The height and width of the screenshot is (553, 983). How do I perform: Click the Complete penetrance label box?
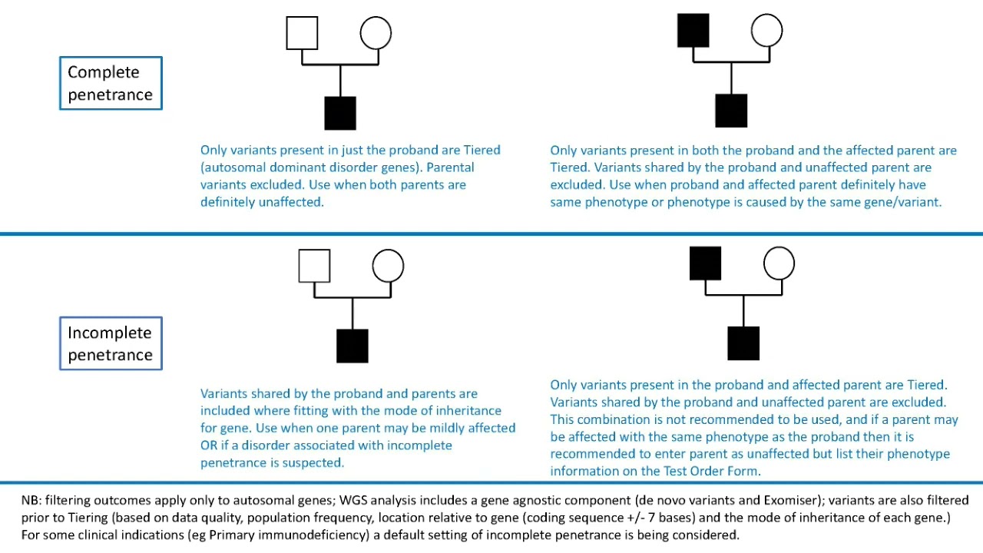pos(111,83)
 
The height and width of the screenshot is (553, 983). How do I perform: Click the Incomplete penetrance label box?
pos(111,343)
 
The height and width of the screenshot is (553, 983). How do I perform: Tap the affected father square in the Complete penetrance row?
pos(693,31)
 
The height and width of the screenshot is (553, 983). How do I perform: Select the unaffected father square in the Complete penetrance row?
pos(302,33)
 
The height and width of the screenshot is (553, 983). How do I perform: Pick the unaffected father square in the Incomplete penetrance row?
pos(314,266)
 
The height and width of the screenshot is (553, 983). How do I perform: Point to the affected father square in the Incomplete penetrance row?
pos(705,263)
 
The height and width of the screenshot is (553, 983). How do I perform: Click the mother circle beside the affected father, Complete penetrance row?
pos(766,31)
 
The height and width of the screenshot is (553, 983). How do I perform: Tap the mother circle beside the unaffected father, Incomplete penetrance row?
pos(388,266)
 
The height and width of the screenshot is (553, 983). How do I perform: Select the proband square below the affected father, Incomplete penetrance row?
pos(743,343)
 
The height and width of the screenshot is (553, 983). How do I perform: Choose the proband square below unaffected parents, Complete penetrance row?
pos(340,113)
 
